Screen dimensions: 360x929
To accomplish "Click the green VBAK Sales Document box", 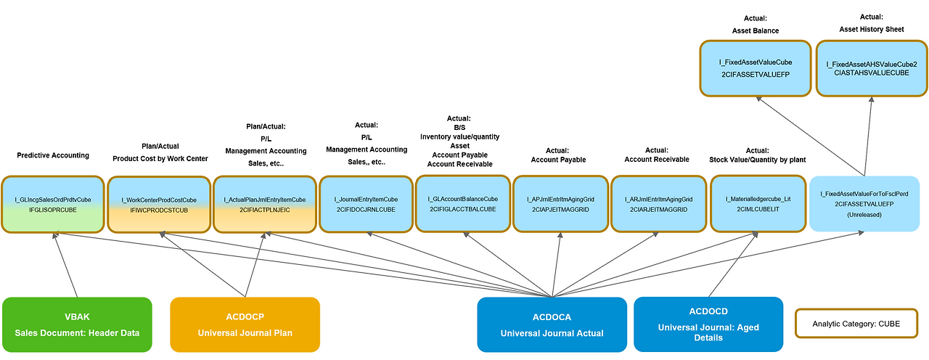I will [78, 324].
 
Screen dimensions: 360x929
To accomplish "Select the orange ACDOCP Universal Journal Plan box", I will [245, 324].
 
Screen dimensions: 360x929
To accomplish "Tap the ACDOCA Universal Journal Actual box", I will [552, 324].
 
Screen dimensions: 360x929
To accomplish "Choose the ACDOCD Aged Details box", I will [708, 324].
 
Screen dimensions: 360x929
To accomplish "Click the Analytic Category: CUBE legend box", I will [856, 324].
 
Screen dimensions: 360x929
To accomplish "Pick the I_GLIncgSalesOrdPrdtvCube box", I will [53, 204].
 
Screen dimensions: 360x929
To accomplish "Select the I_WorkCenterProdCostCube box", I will [158, 204].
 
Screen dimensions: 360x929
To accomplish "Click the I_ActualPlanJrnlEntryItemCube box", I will [264, 204].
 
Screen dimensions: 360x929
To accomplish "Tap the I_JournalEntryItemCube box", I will [367, 204].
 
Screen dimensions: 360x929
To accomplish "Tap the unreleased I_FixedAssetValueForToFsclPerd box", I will [863, 204].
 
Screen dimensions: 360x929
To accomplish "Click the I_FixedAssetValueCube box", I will [756, 68].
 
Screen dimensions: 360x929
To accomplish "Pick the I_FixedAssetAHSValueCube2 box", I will [872, 68].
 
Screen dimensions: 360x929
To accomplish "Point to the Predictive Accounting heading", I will [53, 155].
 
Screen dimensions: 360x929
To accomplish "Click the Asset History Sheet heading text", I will [872, 30].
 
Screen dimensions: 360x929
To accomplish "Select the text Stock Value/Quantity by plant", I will [757, 160].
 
